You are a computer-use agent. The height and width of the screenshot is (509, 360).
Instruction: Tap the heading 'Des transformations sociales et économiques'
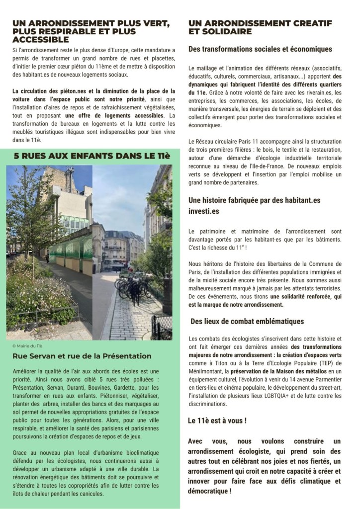(x=260, y=49)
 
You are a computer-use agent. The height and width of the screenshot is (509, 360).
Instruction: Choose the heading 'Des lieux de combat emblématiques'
(x=255, y=321)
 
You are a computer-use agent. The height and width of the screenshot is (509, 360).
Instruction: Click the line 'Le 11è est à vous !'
(x=218, y=420)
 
